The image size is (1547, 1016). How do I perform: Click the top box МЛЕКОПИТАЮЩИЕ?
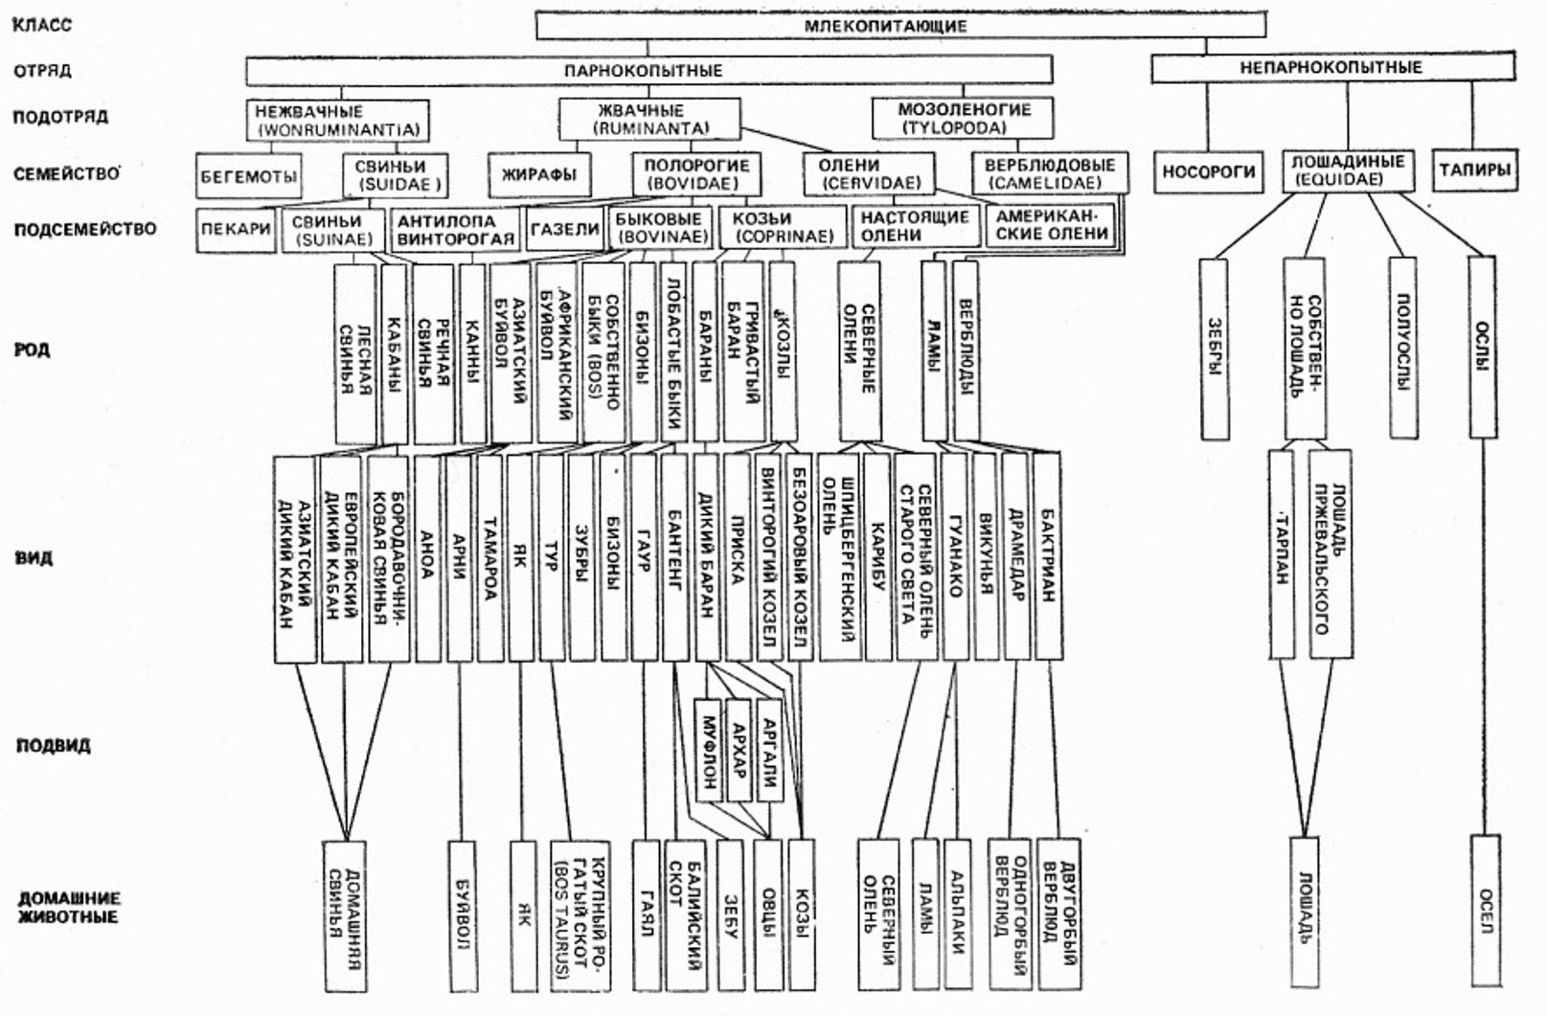click(x=884, y=26)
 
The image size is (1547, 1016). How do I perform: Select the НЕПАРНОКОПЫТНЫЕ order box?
click(x=1331, y=68)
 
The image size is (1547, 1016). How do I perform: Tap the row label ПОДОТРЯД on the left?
click(x=60, y=117)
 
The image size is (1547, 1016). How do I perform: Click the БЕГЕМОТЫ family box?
click(x=249, y=176)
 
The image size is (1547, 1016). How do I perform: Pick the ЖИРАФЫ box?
click(x=539, y=175)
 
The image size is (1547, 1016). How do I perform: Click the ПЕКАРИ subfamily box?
click(x=237, y=230)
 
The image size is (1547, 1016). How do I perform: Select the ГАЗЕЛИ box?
click(x=564, y=230)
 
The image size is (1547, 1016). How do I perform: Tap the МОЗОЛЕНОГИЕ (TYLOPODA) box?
click(x=963, y=118)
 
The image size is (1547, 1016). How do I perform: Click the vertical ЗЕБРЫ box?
click(x=1215, y=349)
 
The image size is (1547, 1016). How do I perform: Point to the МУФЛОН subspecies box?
click(x=708, y=750)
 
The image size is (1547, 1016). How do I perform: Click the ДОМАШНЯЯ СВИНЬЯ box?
click(x=346, y=914)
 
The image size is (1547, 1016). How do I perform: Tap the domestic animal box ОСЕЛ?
click(x=1485, y=910)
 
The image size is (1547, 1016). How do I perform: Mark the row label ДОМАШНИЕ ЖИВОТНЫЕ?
click(x=68, y=907)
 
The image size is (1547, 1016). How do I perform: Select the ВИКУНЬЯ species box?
click(x=986, y=555)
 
